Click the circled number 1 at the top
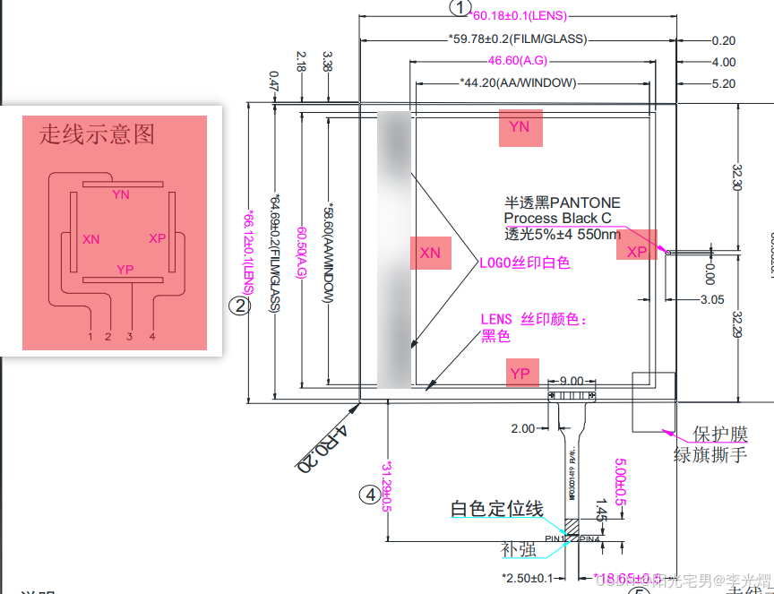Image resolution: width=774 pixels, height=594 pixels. (x=460, y=8)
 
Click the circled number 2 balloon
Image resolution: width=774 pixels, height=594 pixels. (x=238, y=306)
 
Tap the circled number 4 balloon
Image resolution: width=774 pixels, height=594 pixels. (x=370, y=494)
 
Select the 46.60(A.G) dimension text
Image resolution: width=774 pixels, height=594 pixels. (x=518, y=61)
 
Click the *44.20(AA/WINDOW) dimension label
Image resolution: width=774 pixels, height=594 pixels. (x=518, y=83)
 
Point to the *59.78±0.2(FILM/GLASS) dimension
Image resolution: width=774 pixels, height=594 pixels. (x=517, y=39)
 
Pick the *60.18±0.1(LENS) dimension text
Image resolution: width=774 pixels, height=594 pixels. (x=519, y=16)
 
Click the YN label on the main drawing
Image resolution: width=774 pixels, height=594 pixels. (x=520, y=127)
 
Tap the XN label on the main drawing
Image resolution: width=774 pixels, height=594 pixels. (x=430, y=253)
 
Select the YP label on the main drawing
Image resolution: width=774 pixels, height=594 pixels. (x=520, y=373)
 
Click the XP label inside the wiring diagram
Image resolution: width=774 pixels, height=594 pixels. (x=158, y=238)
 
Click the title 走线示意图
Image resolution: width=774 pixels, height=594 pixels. (x=97, y=134)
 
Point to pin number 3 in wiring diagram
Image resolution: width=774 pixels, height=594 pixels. (x=130, y=336)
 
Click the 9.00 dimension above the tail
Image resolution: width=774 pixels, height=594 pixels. (x=571, y=381)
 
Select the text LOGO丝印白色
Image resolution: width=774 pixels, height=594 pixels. (x=525, y=263)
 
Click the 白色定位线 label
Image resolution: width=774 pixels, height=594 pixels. (x=496, y=509)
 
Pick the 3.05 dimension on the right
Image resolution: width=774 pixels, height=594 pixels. (x=713, y=298)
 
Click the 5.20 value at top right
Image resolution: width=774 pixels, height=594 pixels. (x=723, y=83)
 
